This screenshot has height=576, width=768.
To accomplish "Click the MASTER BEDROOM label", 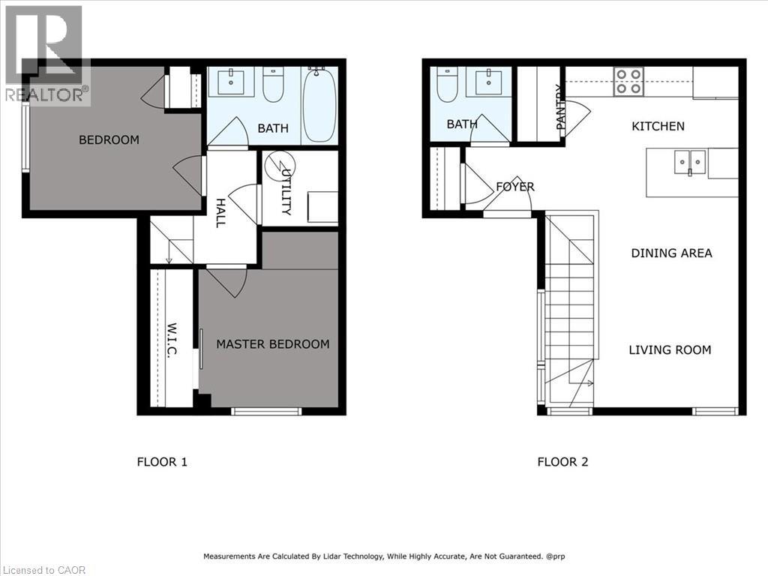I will pos(272,344).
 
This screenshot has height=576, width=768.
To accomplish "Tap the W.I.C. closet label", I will pos(170,340).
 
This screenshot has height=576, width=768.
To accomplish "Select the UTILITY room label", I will pos(286,192).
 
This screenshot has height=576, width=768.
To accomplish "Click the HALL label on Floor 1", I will pos(220,212).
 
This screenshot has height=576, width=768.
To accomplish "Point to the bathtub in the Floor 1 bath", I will pos(320,105).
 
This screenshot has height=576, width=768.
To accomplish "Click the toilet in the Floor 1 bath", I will pos(273,85).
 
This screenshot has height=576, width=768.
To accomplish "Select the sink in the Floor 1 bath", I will pos(229,82).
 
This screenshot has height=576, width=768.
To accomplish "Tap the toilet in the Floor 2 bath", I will pos(447,84).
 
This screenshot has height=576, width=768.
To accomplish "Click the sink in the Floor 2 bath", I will pos(488,81).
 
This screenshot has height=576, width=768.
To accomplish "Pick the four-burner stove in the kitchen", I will pos(628,82).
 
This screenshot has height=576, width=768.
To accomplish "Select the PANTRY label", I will pos(559,107).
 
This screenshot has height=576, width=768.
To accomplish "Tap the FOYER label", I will pos(514,187).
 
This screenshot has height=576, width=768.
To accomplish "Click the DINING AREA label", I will pos(671,253).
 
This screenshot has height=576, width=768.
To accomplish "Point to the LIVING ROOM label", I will pos(670,349).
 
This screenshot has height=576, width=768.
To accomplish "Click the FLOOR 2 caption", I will pos(562,461).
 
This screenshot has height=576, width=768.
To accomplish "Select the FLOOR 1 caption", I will pos(162,461).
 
